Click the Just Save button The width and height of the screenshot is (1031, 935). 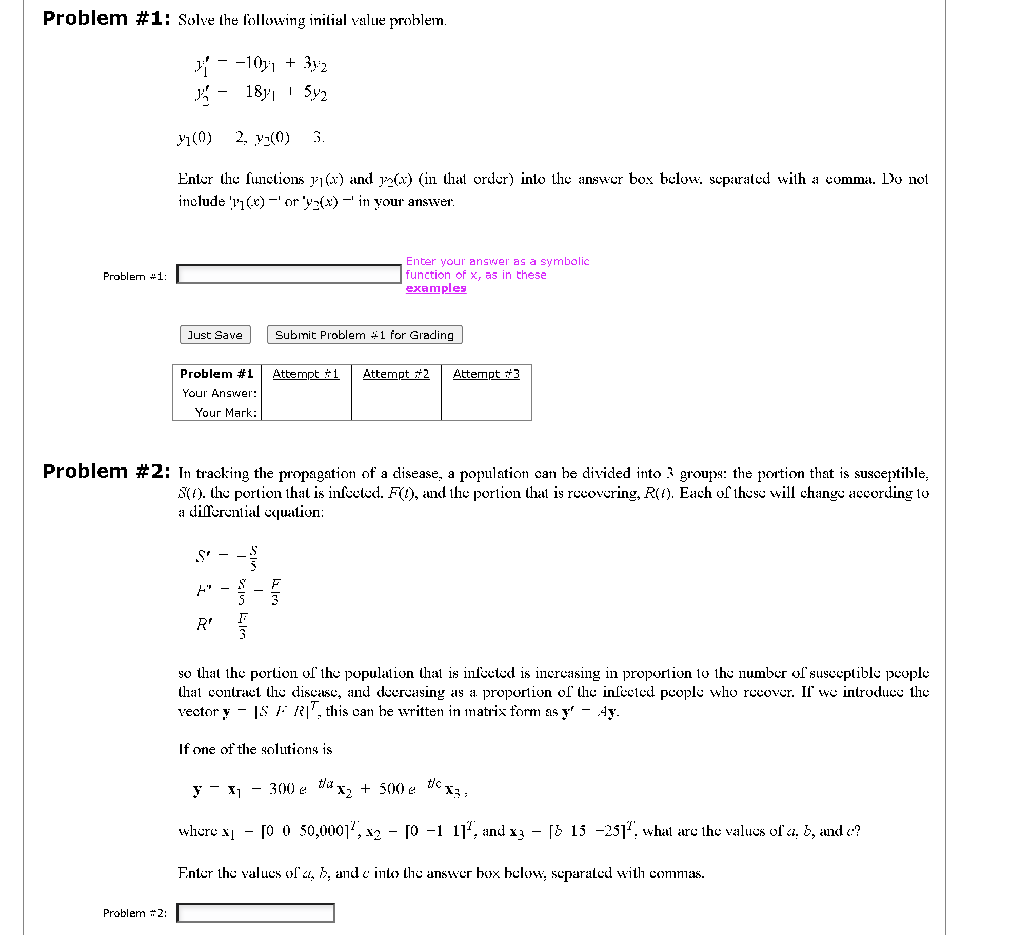[215, 335]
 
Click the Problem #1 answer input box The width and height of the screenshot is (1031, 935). [289, 274]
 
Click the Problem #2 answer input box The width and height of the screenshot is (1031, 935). [255, 913]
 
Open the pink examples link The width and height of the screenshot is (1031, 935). [436, 288]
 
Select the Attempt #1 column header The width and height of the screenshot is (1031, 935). [306, 374]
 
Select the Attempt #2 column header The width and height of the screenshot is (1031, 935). [396, 374]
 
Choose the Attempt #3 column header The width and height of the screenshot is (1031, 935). [486, 374]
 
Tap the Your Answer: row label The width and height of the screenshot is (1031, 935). [219, 394]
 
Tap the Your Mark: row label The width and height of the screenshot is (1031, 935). [226, 413]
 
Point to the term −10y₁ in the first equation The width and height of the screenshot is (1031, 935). [255, 64]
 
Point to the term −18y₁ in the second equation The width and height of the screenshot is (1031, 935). [255, 92]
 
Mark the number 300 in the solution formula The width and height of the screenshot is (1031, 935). [282, 789]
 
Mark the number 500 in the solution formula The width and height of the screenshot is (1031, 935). [391, 789]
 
